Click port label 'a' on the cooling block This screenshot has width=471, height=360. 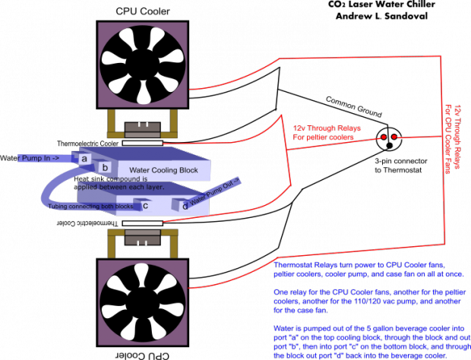click(x=84, y=158)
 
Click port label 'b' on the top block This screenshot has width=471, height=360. click(x=105, y=167)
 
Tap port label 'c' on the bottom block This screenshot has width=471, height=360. click(x=145, y=206)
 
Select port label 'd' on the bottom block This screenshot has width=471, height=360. click(x=185, y=206)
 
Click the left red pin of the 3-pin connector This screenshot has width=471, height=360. click(x=384, y=137)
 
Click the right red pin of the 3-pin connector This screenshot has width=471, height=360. click(x=394, y=137)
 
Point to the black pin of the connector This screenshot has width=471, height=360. click(x=389, y=146)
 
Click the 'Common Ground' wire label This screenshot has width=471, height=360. click(x=354, y=107)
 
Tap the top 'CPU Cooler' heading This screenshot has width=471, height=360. click(x=143, y=11)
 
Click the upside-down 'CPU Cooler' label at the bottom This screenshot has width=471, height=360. click(x=142, y=355)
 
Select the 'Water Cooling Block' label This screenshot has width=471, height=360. click(x=163, y=170)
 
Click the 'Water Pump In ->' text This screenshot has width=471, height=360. click(x=30, y=158)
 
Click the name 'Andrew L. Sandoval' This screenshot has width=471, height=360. click(x=381, y=16)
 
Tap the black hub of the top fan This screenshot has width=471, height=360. click(x=143, y=65)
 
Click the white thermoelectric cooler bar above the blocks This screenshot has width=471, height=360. click(x=142, y=144)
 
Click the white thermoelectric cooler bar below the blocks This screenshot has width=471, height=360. click(x=142, y=223)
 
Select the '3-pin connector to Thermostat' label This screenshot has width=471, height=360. click(x=401, y=166)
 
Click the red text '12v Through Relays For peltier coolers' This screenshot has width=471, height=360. click(x=327, y=133)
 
